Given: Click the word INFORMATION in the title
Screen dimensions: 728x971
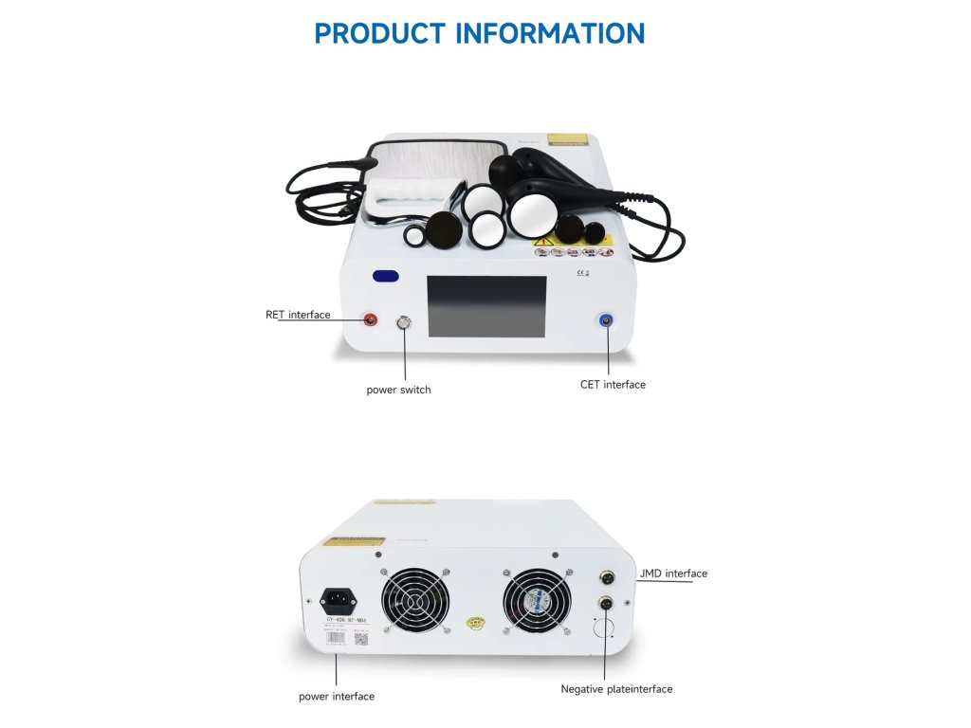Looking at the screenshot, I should pyautogui.click(x=551, y=33).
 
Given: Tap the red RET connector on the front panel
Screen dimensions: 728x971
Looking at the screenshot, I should pyautogui.click(x=371, y=320).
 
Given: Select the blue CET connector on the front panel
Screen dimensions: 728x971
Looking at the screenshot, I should pyautogui.click(x=606, y=320).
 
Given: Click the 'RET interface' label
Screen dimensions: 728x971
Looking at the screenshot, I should pyautogui.click(x=298, y=315).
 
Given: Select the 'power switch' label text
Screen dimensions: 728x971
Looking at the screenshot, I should pyautogui.click(x=398, y=390).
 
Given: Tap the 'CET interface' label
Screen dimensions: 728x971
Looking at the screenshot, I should pyautogui.click(x=613, y=385).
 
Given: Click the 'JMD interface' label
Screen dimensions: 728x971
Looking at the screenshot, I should pyautogui.click(x=672, y=573).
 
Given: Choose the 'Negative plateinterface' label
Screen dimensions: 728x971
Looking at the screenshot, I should pyautogui.click(x=616, y=689).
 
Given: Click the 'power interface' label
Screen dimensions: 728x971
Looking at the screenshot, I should pyautogui.click(x=337, y=697).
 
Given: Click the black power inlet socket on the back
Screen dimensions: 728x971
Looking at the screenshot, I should pyautogui.click(x=339, y=599).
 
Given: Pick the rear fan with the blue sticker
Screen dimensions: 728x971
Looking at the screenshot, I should pyautogui.click(x=537, y=603).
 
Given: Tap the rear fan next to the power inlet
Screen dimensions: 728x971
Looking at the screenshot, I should pyautogui.click(x=415, y=603).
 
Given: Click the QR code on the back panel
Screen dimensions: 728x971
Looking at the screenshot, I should pyautogui.click(x=361, y=637).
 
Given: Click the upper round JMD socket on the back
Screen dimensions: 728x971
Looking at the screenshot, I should pyautogui.click(x=606, y=575).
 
